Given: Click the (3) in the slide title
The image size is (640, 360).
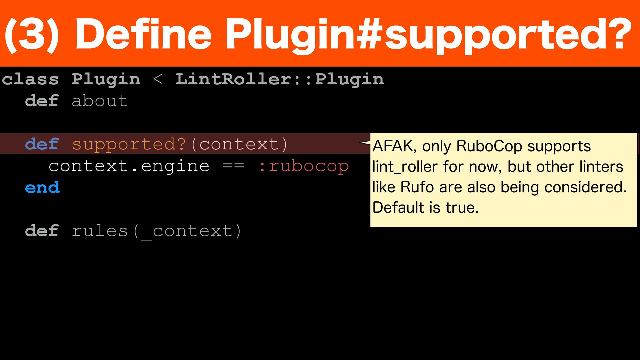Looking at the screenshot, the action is [32, 35].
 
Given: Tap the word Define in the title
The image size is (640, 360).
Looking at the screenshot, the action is [143, 35].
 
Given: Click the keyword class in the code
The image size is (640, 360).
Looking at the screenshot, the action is [30, 80].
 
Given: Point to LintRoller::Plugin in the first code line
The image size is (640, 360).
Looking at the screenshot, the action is [279, 80].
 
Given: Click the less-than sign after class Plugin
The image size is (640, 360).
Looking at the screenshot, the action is [158, 80].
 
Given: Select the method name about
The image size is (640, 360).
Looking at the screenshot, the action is [100, 101].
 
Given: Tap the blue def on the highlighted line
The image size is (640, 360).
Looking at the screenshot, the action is [42, 144].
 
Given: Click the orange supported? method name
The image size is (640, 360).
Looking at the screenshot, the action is [129, 144].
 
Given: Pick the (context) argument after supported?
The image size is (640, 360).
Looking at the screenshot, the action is [239, 144].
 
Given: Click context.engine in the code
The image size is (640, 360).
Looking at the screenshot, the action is [129, 166].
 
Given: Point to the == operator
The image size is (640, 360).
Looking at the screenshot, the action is [233, 166].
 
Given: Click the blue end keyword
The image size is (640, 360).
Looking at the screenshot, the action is [42, 188].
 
